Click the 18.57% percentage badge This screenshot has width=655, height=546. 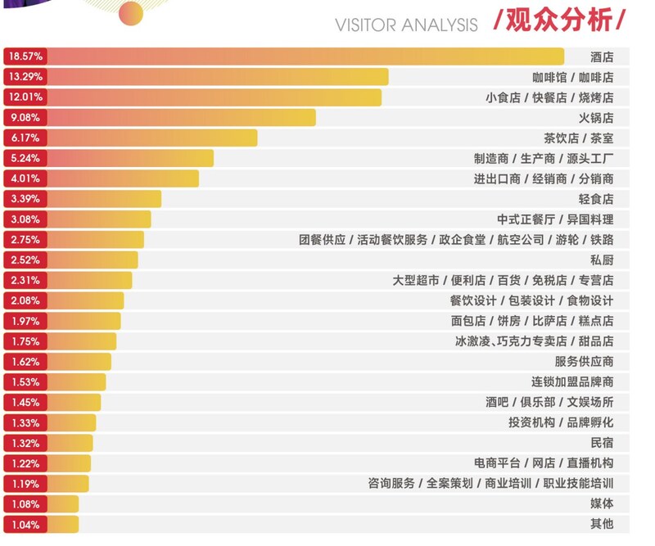(25, 56)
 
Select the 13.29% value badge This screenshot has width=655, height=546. (25, 77)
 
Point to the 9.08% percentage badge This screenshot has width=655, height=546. (25, 118)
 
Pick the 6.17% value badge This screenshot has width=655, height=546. (25, 138)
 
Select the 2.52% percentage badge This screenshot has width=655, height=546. (25, 260)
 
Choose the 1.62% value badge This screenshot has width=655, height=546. (25, 362)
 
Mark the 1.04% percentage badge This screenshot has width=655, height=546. (25, 524)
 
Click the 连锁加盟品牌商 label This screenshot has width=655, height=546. (572, 382)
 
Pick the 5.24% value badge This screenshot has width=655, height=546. (25, 158)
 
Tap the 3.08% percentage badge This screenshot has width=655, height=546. (25, 219)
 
